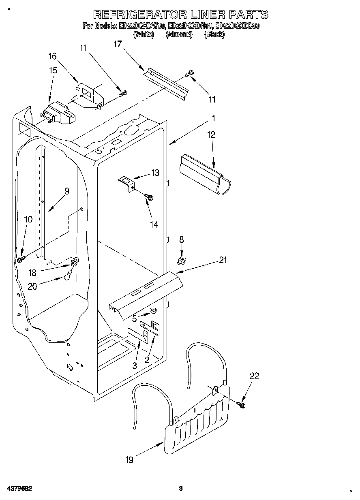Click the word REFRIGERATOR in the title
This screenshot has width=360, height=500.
tap(139, 15)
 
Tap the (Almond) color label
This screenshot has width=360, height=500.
tap(179, 35)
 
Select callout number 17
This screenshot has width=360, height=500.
tap(118, 44)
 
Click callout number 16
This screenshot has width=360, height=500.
tap(53, 56)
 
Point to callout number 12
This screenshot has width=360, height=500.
tap(212, 135)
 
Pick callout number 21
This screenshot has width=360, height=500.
tap(223, 260)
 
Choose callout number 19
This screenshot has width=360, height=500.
tap(129, 459)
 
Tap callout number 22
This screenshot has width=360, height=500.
tap(254, 376)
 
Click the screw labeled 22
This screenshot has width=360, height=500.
tap(242, 404)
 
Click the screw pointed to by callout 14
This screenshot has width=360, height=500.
tap(149, 197)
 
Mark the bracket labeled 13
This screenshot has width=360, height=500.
tap(126, 182)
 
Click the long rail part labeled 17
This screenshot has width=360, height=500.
tap(166, 84)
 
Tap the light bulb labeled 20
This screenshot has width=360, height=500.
tap(68, 277)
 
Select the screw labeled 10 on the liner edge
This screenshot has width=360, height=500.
tap(20, 259)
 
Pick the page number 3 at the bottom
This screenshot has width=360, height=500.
tap(181, 488)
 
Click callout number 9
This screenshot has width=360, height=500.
tap(66, 191)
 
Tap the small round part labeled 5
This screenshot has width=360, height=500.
tap(153, 311)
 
